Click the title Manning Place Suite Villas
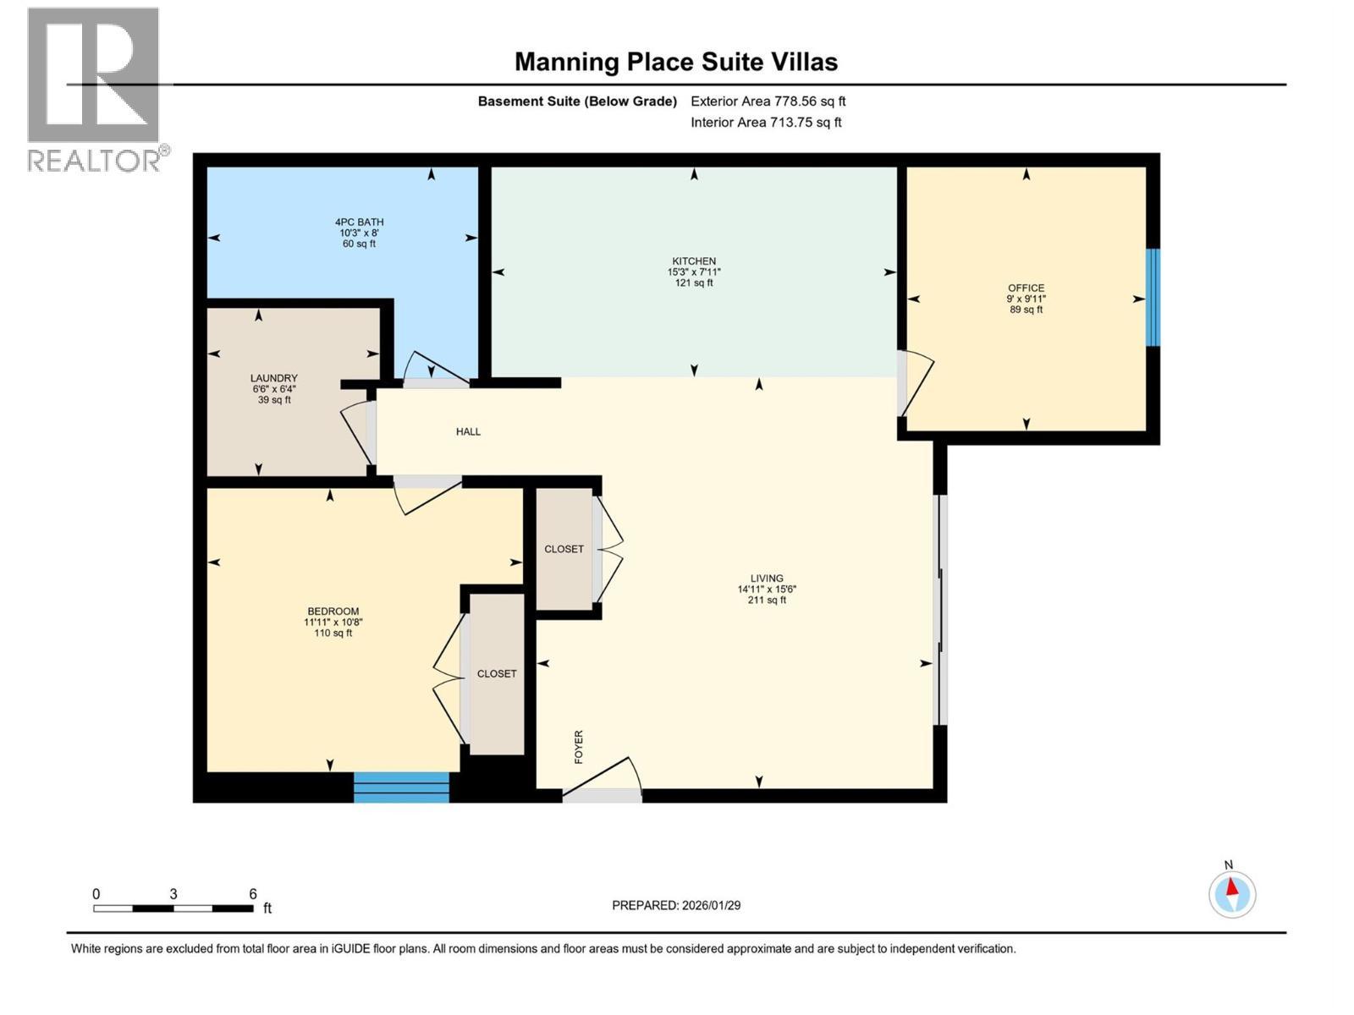[676, 62]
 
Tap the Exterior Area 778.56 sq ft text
[768, 101]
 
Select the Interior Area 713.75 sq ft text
[766, 122]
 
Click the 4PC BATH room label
[359, 222]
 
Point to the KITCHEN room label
[694, 261]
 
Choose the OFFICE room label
[1026, 288]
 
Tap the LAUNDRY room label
[273, 378]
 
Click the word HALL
[468, 431]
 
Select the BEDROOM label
[333, 612]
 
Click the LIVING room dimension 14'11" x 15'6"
[767, 590]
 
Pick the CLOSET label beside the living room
[564, 549]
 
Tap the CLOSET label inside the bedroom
[497, 674]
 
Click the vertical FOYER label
[579, 747]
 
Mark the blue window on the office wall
[1152, 297]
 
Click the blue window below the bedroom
[401, 787]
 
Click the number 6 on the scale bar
[253, 894]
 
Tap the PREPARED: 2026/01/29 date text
[676, 905]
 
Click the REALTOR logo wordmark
[95, 160]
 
